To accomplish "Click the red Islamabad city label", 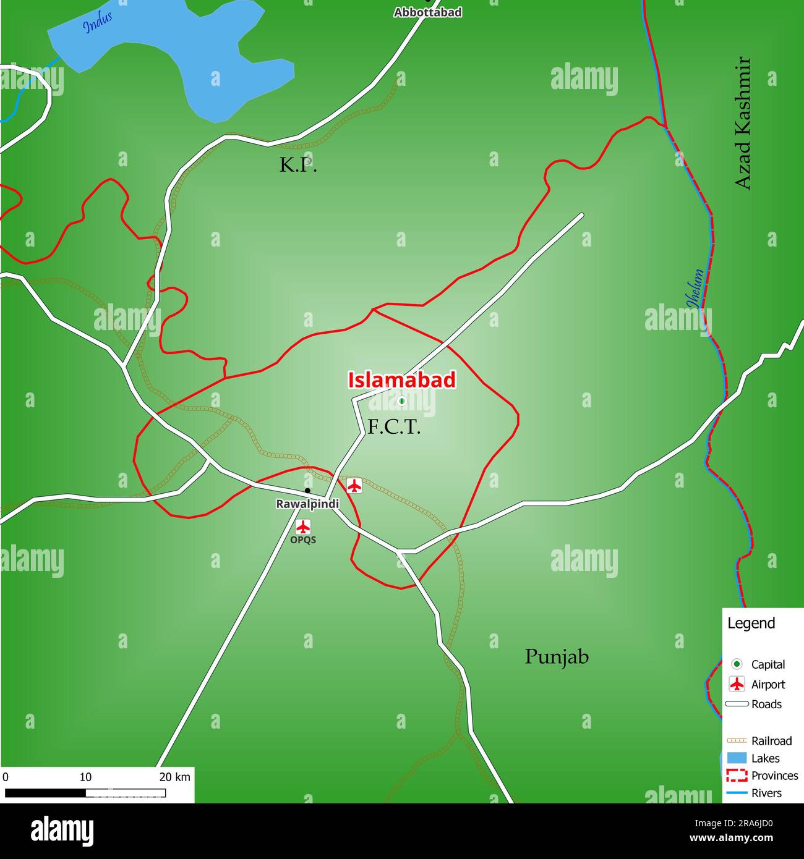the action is [x=401, y=380].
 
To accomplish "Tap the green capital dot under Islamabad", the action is [x=401, y=401].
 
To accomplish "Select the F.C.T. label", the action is [x=394, y=426].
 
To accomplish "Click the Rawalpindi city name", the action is [x=307, y=504].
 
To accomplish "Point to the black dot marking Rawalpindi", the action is [x=307, y=491].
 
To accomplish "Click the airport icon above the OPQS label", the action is [x=302, y=527].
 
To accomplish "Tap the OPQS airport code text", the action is [x=303, y=540].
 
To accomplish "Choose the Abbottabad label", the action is [x=427, y=12].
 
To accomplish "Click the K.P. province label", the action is [x=298, y=165].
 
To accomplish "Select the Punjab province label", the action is [x=557, y=656].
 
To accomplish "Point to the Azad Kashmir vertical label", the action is [x=742, y=124].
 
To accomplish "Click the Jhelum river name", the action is [x=695, y=288].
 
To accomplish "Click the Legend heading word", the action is [x=751, y=623].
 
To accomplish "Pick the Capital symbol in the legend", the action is [x=737, y=664].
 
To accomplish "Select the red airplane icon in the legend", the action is [x=737, y=684].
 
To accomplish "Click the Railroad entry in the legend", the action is [x=771, y=740].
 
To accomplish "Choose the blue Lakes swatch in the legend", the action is [x=737, y=758].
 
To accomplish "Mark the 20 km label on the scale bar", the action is [x=175, y=777].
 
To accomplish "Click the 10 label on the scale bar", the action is [x=85, y=777].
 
